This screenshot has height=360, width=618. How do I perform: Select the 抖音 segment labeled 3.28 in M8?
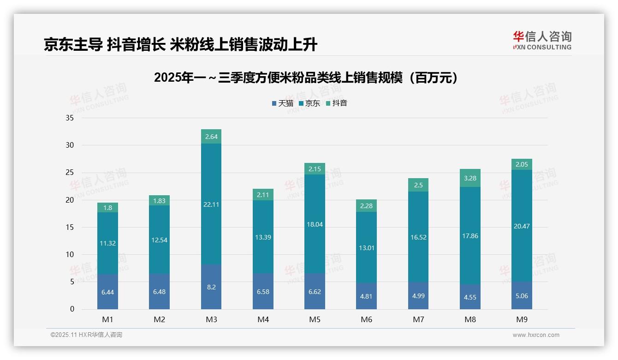click(470, 178)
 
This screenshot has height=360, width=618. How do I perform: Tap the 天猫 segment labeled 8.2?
click(211, 287)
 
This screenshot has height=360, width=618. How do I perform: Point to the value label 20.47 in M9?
click(522, 226)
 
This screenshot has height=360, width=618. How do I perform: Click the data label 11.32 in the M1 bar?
click(107, 243)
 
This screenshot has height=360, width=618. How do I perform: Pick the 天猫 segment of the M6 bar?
click(367, 296)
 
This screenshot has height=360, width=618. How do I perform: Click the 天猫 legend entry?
click(282, 103)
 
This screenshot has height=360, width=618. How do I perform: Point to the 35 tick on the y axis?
click(70, 118)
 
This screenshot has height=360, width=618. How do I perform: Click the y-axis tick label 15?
click(70, 228)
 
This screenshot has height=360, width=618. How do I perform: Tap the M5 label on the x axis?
click(315, 320)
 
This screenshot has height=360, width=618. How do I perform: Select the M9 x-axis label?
click(522, 320)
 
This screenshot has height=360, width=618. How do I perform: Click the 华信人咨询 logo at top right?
click(542, 41)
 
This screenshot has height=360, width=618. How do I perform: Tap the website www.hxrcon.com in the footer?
click(536, 335)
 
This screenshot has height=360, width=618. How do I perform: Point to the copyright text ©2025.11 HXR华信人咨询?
click(86, 335)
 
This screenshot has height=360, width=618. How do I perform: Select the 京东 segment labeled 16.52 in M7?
click(418, 237)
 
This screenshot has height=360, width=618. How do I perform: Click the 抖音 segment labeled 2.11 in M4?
click(263, 195)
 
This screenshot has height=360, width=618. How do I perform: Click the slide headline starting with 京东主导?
click(181, 45)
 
